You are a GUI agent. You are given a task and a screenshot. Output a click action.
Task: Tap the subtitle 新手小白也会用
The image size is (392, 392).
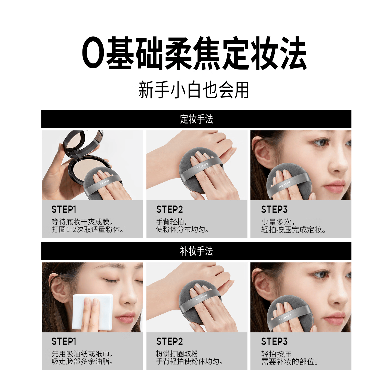point(194,90)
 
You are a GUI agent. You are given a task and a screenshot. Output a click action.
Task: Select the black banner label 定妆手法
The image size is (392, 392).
point(196,119)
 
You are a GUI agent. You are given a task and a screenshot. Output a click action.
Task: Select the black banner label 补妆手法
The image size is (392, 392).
point(196,251)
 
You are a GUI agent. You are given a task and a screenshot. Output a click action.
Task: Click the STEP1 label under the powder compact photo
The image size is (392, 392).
point(64,210)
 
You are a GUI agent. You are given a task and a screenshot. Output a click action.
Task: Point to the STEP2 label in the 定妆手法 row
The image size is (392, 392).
point(170,210)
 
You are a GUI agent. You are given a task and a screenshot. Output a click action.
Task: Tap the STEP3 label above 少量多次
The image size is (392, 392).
point(274,210)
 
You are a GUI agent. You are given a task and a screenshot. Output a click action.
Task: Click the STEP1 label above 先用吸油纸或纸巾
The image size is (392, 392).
point(64,342)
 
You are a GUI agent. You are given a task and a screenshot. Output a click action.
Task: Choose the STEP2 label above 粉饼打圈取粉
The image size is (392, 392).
point(170,342)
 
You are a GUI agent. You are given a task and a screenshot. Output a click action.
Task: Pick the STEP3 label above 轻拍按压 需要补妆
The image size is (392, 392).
point(274,342)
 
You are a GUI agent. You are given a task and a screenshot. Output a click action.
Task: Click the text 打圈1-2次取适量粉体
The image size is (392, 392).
point(88,230)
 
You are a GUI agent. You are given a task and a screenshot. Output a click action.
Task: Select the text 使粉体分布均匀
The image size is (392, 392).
point(182,230)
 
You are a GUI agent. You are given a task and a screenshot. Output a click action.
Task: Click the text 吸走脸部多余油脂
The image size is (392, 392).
point(82,362)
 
